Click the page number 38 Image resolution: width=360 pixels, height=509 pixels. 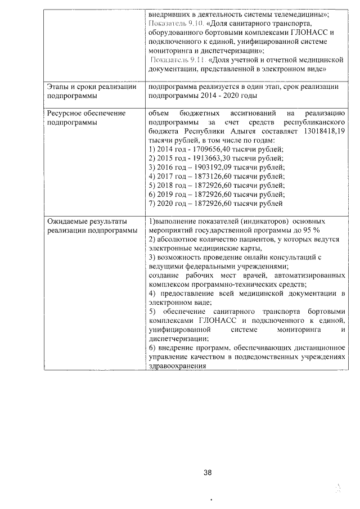tap(208, 473)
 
